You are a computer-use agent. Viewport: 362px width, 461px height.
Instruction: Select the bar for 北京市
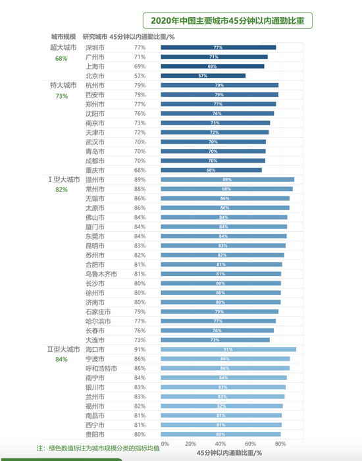click(203, 76)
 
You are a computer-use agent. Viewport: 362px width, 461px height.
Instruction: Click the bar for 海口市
click(228, 350)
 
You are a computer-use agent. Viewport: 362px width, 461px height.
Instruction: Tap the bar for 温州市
click(227, 179)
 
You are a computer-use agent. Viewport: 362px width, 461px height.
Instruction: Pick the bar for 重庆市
click(211, 170)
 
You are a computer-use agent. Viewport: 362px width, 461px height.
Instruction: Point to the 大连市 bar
click(215, 340)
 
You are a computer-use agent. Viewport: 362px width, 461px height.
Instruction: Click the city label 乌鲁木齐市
click(101, 273)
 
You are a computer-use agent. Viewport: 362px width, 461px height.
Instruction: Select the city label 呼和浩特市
click(101, 368)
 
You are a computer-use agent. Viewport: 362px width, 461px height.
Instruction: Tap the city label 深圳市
click(95, 47)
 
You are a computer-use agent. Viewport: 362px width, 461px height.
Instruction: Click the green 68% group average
click(61, 59)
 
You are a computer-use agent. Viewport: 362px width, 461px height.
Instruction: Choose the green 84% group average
click(61, 360)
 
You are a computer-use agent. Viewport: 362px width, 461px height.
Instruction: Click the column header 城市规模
click(64, 36)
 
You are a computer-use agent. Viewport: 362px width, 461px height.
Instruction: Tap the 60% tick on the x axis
click(250, 444)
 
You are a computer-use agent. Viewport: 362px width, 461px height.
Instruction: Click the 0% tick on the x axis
click(165, 444)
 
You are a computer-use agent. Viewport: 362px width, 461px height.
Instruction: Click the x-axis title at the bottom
click(229, 453)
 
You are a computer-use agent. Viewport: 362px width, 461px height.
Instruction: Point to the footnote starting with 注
click(98, 448)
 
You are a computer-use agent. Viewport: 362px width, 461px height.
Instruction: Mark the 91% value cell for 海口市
click(140, 350)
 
